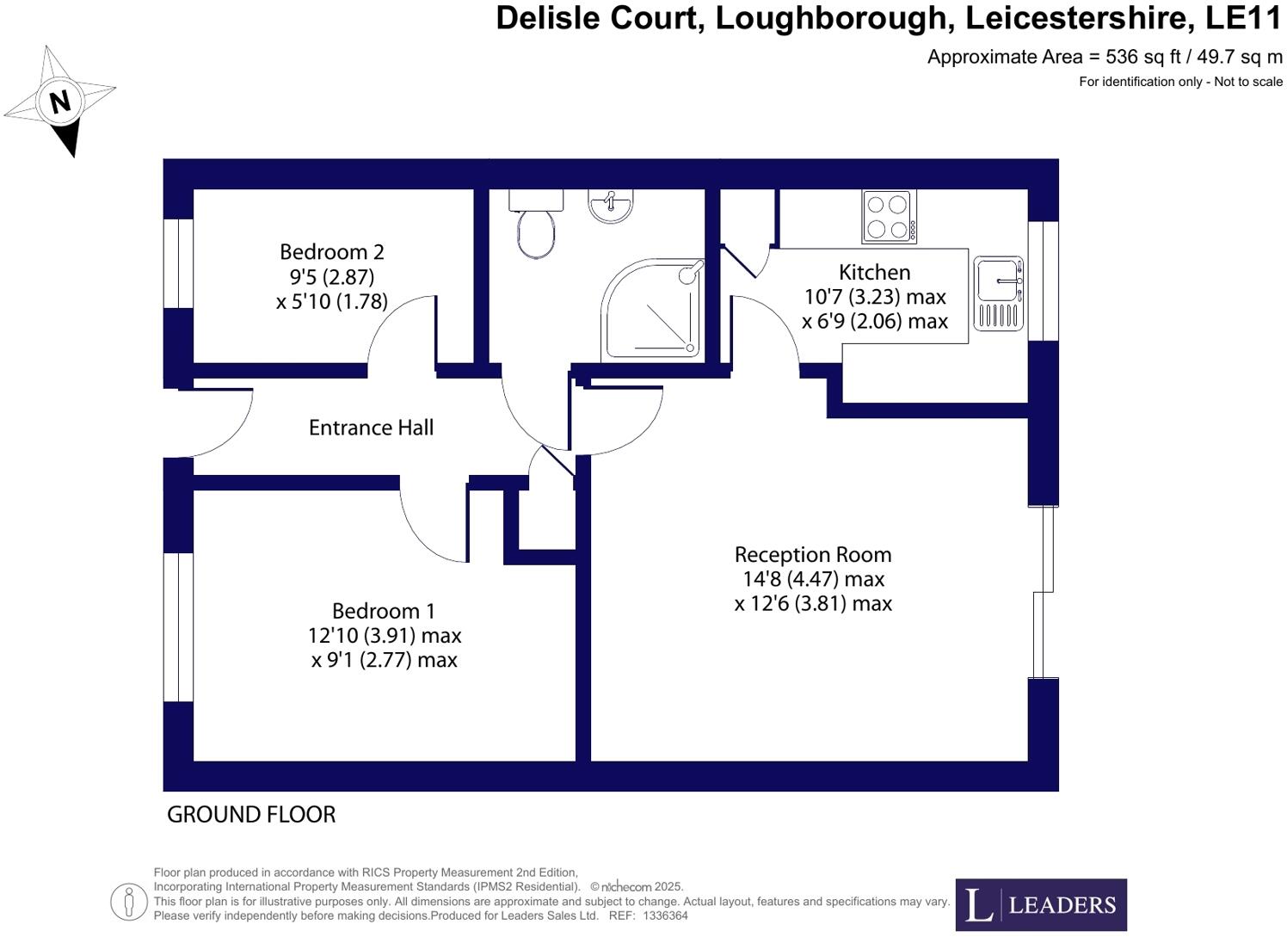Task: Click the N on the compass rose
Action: (x=60, y=102)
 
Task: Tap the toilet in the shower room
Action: (x=535, y=224)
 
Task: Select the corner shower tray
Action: (x=653, y=311)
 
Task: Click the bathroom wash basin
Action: (x=611, y=206)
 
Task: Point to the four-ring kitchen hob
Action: (x=889, y=217)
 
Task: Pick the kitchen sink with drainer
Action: (x=999, y=293)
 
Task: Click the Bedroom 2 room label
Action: (x=331, y=252)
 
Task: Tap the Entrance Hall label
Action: (x=371, y=428)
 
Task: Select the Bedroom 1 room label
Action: (x=384, y=610)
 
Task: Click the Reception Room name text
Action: (x=813, y=555)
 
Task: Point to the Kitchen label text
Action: (x=874, y=272)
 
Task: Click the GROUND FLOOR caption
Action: (x=251, y=814)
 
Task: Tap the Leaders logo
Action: (x=1040, y=904)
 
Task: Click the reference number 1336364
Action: (x=665, y=916)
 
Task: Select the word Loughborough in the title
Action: (x=831, y=19)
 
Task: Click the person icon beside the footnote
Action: (x=129, y=902)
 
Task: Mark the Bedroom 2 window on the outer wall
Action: (x=178, y=264)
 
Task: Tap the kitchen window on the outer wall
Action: (x=1043, y=281)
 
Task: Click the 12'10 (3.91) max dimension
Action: (x=385, y=635)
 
